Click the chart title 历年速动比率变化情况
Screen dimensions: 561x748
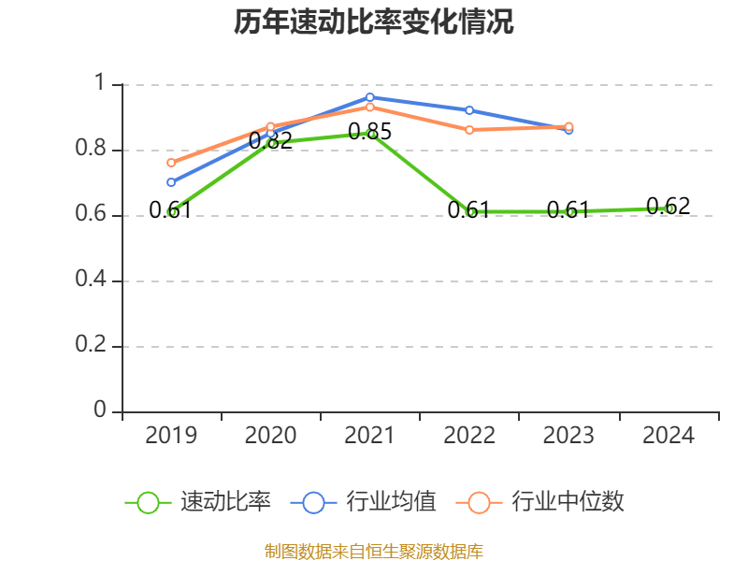click(x=374, y=22)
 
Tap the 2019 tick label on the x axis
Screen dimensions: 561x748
click(x=171, y=436)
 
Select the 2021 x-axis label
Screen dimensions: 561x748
click(x=370, y=436)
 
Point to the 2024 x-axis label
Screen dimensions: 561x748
click(x=669, y=436)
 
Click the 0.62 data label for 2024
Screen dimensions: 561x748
click(x=669, y=206)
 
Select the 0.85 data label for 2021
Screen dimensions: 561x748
click(x=370, y=132)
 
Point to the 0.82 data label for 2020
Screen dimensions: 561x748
click(x=270, y=141)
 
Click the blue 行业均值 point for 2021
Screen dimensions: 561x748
click(x=370, y=97)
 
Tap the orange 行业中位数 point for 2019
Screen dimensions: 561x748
click(x=171, y=163)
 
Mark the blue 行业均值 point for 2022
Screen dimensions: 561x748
click(x=469, y=110)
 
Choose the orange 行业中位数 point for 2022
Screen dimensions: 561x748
click(x=469, y=129)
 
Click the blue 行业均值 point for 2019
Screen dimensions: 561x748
click(x=171, y=182)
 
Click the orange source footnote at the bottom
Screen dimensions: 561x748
click(x=374, y=551)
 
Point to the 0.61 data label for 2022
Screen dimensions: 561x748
click(x=469, y=210)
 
